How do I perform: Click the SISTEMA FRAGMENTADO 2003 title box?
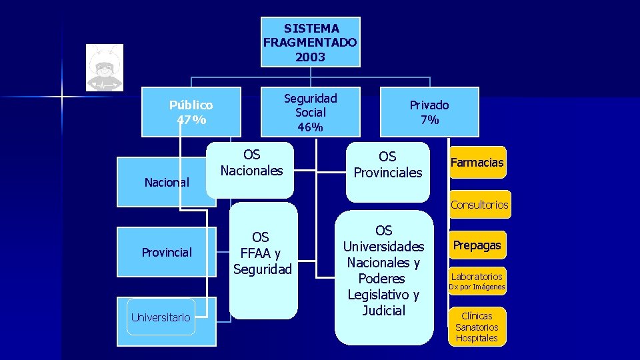(310, 42)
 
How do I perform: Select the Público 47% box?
(191, 112)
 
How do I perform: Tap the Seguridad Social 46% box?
(310, 112)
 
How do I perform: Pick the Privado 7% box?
(429, 112)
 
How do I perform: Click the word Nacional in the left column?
(167, 182)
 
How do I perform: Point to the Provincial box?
(167, 252)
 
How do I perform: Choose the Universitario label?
(161, 317)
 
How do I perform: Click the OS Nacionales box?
(251, 163)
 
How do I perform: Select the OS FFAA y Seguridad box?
(263, 253)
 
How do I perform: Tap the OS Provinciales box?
(388, 165)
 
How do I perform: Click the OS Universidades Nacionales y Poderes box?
(383, 271)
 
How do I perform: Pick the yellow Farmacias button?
(477, 163)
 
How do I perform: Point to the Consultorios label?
(479, 205)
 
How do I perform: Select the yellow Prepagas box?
(477, 245)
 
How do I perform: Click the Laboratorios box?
(477, 276)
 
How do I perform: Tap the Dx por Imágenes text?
(477, 287)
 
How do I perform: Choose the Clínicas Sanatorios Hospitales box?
(477, 327)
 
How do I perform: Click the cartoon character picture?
(105, 67)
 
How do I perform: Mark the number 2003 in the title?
(310, 57)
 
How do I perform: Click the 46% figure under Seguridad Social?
(310, 127)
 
